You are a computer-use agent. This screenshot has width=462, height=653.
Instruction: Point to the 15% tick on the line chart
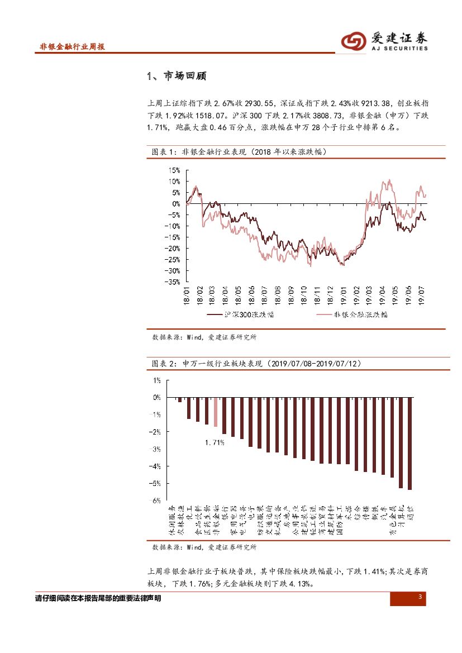coord(174,170)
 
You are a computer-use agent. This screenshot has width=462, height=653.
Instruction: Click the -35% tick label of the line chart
coord(172,282)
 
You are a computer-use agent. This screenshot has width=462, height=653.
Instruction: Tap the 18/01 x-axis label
coord(187,295)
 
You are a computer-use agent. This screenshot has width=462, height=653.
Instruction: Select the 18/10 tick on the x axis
coord(304,295)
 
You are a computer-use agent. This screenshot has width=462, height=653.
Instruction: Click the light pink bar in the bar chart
coord(216,412)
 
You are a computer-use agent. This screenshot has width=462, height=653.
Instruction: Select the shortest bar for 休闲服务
coord(180,400)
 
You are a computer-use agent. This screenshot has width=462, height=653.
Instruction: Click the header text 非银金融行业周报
coord(72,47)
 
